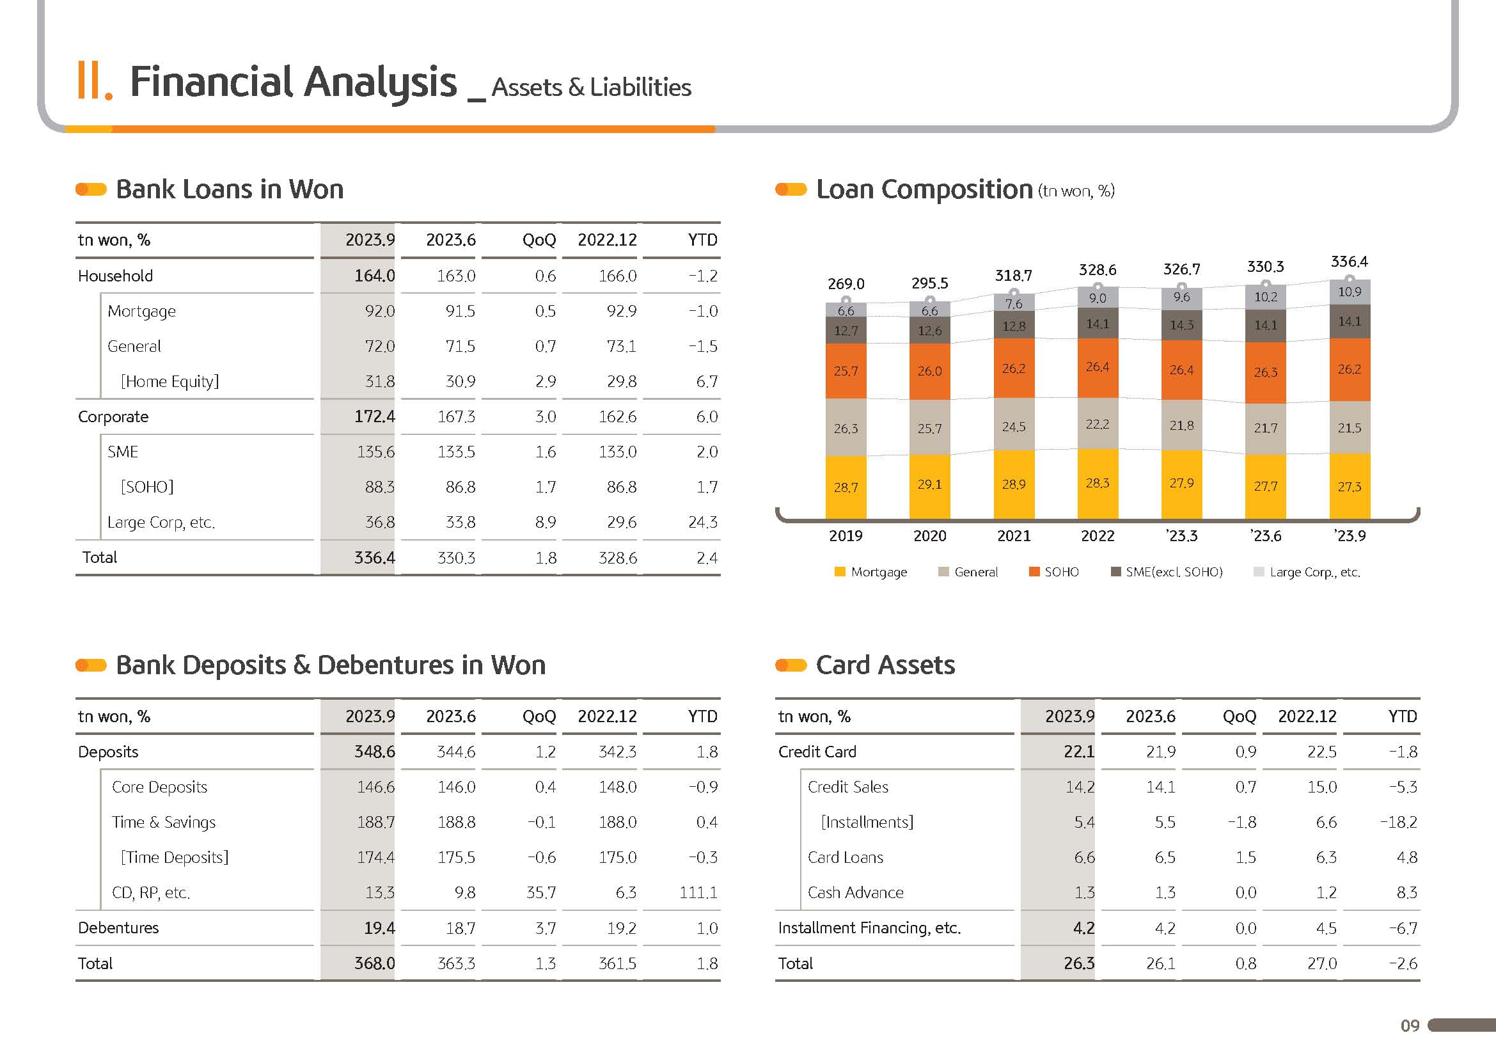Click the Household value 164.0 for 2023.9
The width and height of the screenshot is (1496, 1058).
pyautogui.click(x=374, y=276)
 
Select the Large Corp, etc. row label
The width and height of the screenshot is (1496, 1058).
pyautogui.click(x=161, y=522)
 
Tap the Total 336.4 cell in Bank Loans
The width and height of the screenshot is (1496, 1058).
pyautogui.click(x=374, y=558)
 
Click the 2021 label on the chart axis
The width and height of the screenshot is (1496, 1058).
pyautogui.click(x=1013, y=536)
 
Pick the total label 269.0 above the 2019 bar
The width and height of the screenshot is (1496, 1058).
pyautogui.click(x=846, y=284)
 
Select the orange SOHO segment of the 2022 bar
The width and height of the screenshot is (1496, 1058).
pyautogui.click(x=1098, y=367)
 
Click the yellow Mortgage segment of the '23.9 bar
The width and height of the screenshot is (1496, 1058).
pyautogui.click(x=1350, y=487)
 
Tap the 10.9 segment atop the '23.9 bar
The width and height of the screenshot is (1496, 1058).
pyautogui.click(x=1350, y=292)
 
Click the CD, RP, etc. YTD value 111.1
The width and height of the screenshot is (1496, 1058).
pyautogui.click(x=698, y=892)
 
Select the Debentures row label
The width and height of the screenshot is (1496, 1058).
pyautogui.click(x=118, y=928)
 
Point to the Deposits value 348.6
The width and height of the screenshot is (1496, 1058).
pyautogui.click(x=374, y=752)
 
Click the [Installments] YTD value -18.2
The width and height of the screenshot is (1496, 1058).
pyautogui.click(x=1398, y=822)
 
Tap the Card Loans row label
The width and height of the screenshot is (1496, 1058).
pyautogui.click(x=845, y=857)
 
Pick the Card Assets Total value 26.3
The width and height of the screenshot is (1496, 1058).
pyautogui.click(x=1078, y=963)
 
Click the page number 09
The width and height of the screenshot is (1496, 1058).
pyautogui.click(x=1410, y=1026)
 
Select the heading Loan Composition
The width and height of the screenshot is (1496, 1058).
pyautogui.click(x=924, y=189)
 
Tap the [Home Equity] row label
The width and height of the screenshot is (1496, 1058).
pyautogui.click(x=169, y=381)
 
